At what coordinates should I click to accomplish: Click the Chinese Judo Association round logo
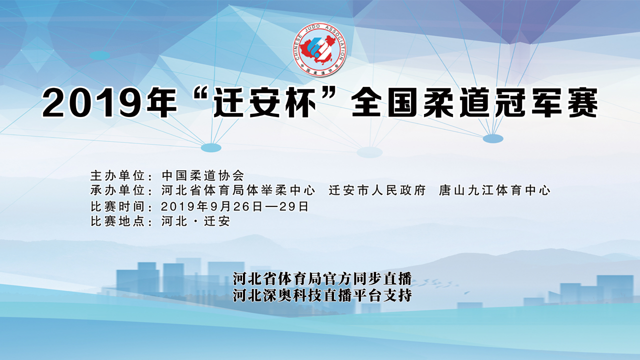pos(320,49)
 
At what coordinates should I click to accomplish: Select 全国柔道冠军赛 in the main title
pos(474,104)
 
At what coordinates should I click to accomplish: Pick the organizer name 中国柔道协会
pos(203,175)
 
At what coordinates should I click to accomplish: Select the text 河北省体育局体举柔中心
pos(238,190)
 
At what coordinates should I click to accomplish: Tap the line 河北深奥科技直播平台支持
pos(322,295)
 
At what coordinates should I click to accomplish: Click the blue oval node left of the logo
pos(100,55)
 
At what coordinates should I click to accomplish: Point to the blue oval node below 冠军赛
pos(493,138)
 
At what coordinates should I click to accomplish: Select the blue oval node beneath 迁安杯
pos(211,148)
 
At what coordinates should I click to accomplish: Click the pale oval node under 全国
pos(369,152)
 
